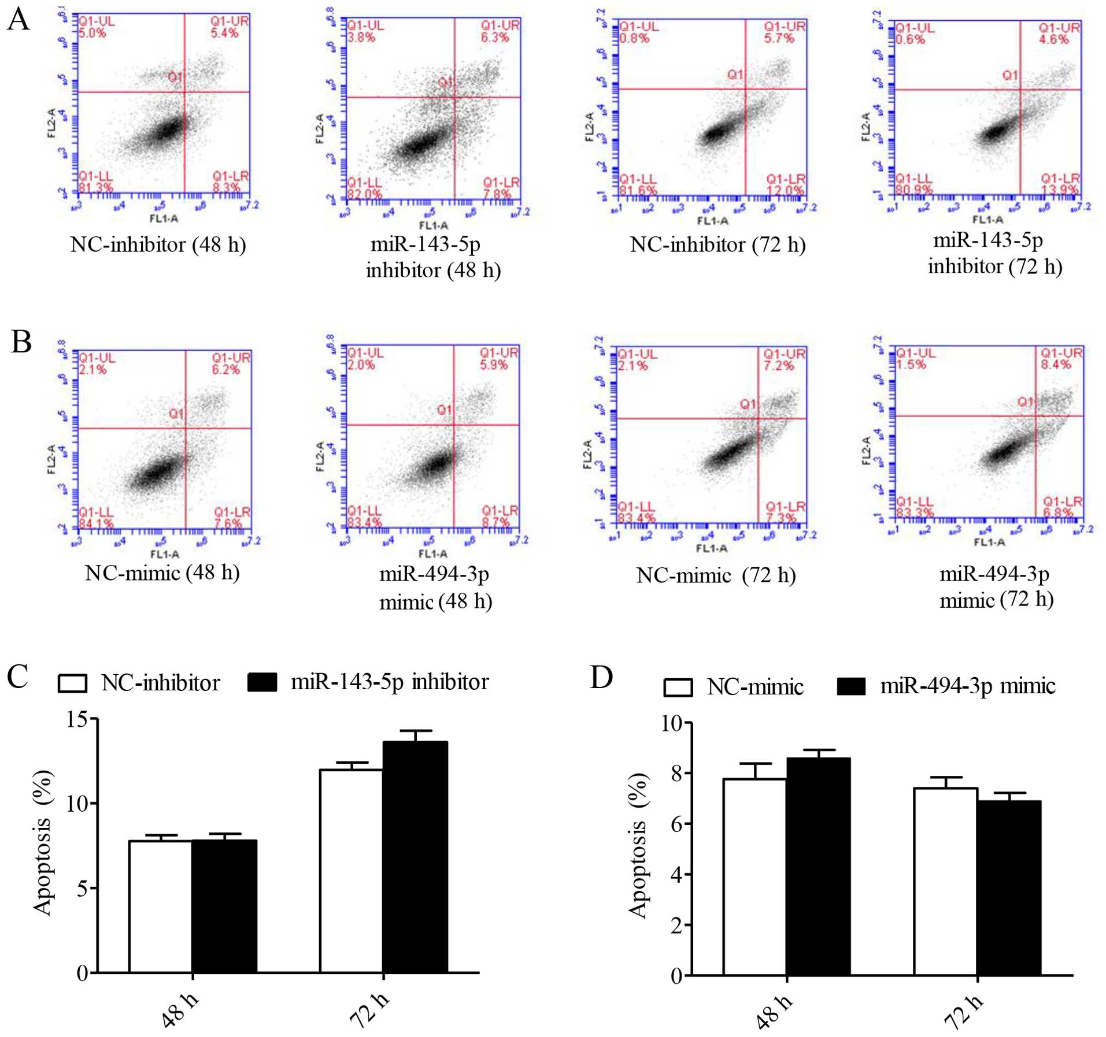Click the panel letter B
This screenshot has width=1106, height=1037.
coord(21,341)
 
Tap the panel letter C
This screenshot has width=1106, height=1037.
coord(17,676)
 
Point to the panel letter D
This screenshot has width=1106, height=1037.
coord(601,677)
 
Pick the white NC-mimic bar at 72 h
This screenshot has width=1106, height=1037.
coord(945,881)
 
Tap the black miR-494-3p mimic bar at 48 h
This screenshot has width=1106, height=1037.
coord(818,866)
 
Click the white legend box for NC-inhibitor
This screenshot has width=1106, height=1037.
coord(73,683)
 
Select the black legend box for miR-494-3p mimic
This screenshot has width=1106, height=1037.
coord(851,686)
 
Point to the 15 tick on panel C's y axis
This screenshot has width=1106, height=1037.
coord(77,719)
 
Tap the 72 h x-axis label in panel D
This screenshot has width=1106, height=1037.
coord(963,1012)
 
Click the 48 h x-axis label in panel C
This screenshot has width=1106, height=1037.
coord(179,1010)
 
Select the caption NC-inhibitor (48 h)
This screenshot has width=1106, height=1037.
coord(158,245)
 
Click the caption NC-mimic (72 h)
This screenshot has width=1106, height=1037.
coord(716,575)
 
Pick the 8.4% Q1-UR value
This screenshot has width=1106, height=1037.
coord(1056,365)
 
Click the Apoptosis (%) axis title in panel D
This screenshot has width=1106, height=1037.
coord(638,846)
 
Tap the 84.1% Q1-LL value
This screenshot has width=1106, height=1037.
coord(96,524)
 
